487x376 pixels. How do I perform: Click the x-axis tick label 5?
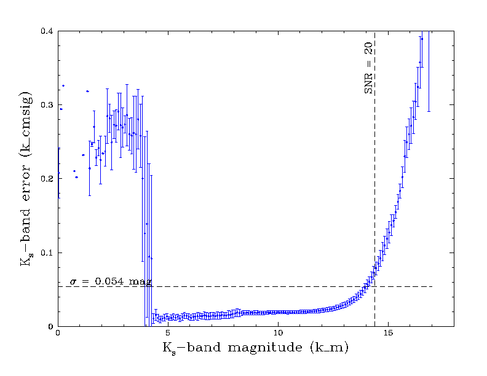[168, 334]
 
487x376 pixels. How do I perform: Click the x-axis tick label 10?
[278, 334]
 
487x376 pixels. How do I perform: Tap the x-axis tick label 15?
[389, 334]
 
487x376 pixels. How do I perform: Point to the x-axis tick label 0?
[58, 334]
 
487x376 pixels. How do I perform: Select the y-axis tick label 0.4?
[46, 31]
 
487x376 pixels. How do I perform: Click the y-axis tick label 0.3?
[46, 105]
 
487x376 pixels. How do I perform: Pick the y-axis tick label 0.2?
[46, 179]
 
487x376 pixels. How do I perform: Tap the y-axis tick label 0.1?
[46, 253]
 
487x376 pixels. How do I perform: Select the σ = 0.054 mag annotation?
[109, 281]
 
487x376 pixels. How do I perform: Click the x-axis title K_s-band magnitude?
[255, 348]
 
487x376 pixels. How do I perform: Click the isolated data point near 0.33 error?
[63, 85]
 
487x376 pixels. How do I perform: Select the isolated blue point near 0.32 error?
[87, 91]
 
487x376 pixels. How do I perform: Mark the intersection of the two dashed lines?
[375, 286]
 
